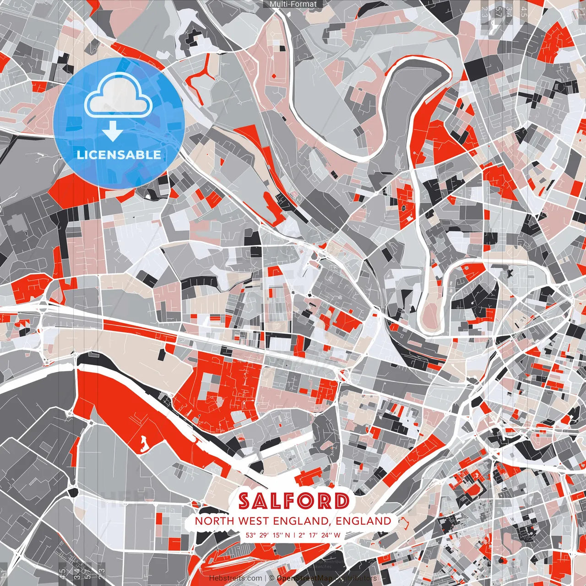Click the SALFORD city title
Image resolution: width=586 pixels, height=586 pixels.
[293, 501]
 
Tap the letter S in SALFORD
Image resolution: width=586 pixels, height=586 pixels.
[244, 501]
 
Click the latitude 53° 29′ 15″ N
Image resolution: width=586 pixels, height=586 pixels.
[268, 535]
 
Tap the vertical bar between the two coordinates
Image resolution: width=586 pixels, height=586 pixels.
[294, 535]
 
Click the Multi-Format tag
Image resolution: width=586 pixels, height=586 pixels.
[293, 4]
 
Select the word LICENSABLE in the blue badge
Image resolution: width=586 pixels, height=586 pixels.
[119, 155]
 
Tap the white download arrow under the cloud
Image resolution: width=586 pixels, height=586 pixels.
[112, 132]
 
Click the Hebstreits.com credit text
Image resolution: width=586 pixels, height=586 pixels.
[236, 578]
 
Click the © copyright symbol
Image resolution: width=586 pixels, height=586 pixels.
[271, 578]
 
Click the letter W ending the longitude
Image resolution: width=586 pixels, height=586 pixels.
[337, 535]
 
